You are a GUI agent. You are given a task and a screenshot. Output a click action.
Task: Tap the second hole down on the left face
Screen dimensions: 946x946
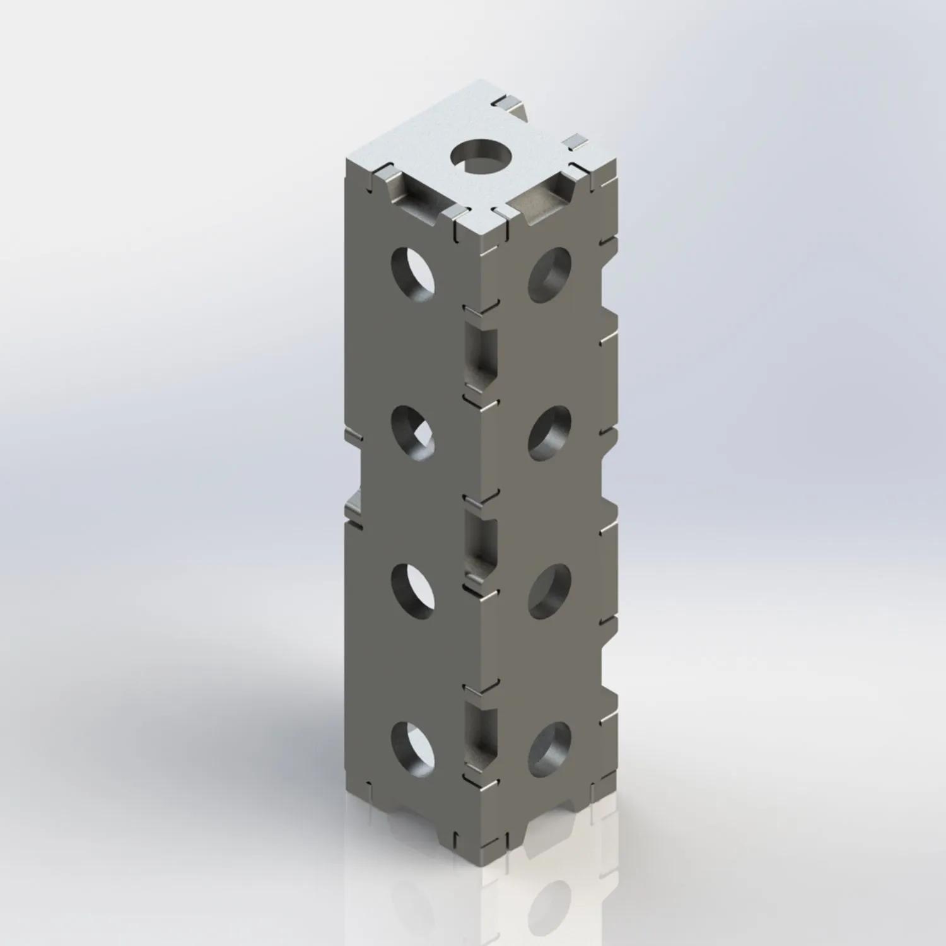(413, 433)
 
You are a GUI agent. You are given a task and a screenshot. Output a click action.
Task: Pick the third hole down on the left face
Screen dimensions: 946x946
(413, 589)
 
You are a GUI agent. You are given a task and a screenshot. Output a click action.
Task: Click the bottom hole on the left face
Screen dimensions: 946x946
(413, 749)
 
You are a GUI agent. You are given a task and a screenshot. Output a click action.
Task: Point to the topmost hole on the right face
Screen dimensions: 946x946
(549, 272)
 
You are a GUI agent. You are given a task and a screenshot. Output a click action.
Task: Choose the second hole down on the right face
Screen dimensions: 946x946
(549, 433)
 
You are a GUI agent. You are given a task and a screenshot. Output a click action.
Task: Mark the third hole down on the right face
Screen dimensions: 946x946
(549, 590)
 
